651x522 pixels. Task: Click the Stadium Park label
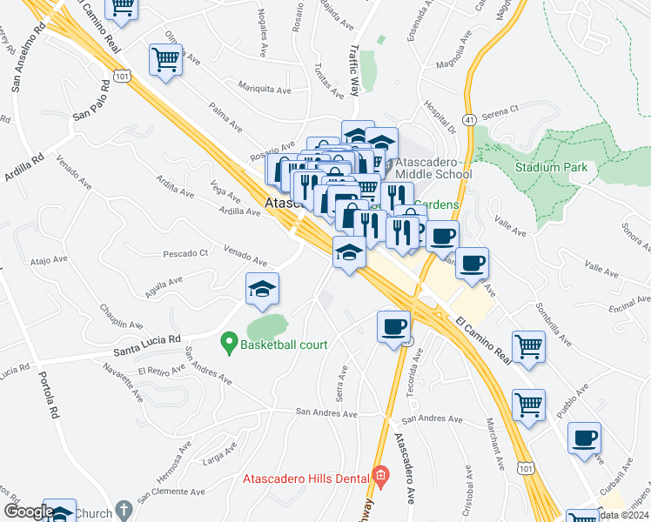coord(551,167)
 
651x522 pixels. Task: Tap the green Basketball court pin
coord(230,345)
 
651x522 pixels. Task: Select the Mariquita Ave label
coord(265,89)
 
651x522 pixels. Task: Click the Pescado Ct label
coord(186,254)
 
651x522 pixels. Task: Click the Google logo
coord(28,512)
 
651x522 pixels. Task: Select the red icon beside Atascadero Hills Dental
coord(379,475)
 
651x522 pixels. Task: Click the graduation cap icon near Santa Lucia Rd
coord(261,290)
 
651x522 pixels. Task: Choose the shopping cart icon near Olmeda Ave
coord(164,60)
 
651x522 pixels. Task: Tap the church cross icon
coord(124,509)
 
